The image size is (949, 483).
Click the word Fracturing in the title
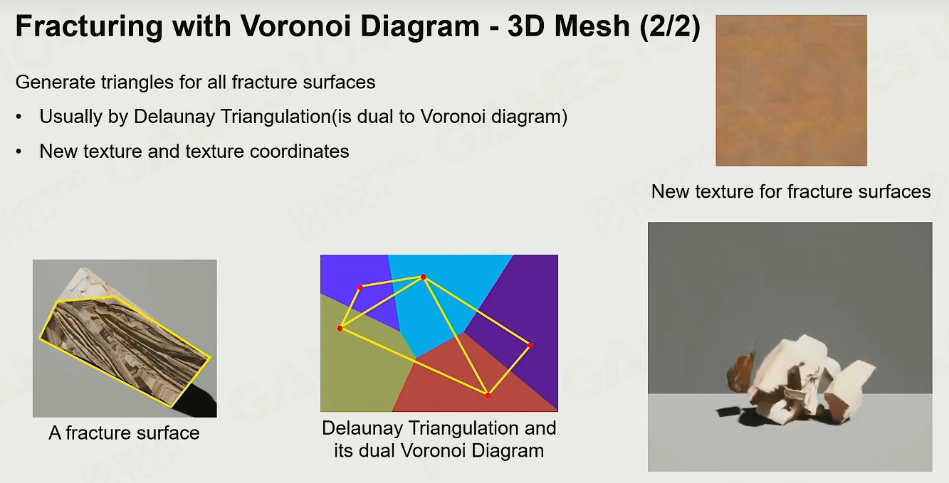coord(89,27)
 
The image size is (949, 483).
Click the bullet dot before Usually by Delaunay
coord(19,117)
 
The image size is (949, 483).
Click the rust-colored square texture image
coord(791,90)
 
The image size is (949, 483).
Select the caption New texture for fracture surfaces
coord(790,192)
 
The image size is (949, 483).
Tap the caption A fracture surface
coord(124,433)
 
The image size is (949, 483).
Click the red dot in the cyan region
coord(423,277)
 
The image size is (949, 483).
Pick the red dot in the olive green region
coord(340,328)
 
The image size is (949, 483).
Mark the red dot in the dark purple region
coord(530,346)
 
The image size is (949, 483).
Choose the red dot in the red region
coord(488,396)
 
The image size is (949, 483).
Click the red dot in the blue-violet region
coord(360,287)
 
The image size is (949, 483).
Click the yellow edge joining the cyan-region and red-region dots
coord(456,336)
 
